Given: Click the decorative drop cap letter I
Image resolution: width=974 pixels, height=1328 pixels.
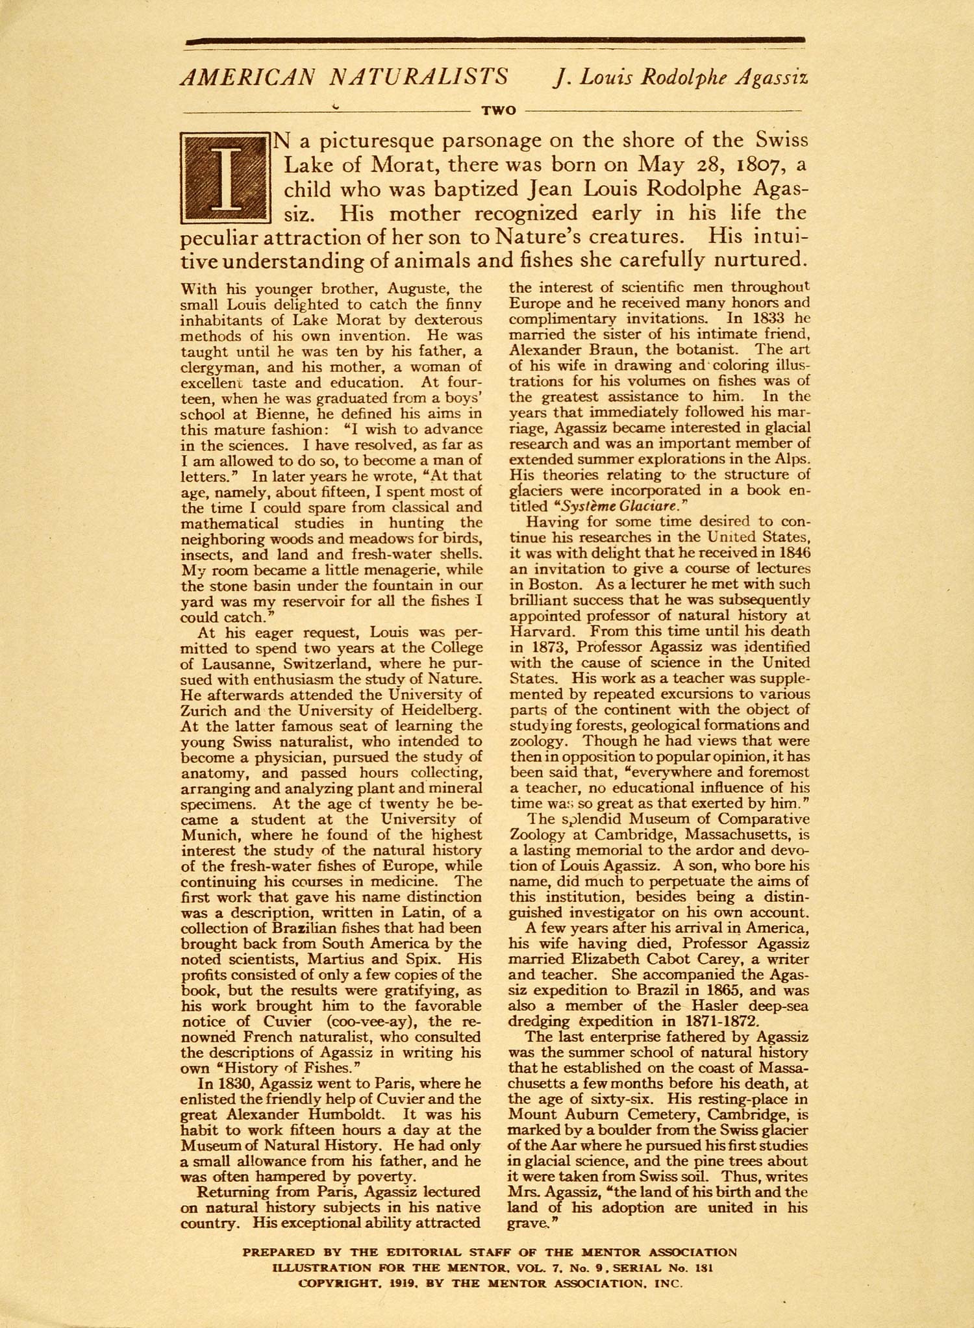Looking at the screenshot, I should [x=224, y=177].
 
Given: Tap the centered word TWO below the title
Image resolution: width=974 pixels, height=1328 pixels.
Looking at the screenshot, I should [x=498, y=110].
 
